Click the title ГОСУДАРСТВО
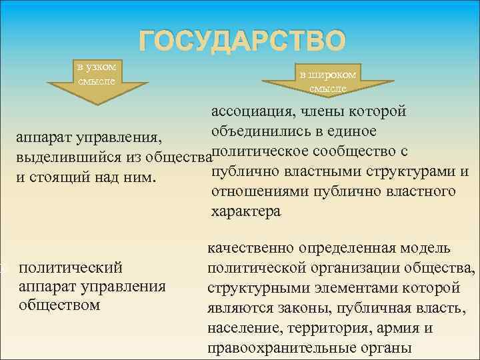(243, 41)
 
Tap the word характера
(246, 212)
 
